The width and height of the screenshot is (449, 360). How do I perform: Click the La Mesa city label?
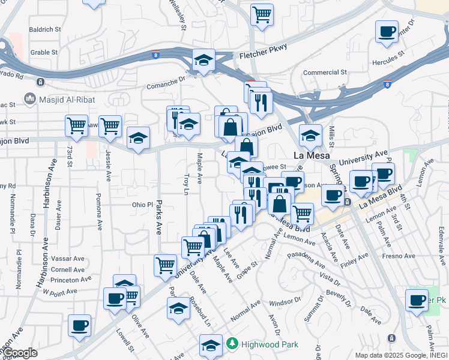tap(309, 155)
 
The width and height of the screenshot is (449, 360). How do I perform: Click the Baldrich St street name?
tap(45, 29)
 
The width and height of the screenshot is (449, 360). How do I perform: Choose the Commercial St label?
tap(325, 73)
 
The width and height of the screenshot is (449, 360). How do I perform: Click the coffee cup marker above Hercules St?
tap(387, 31)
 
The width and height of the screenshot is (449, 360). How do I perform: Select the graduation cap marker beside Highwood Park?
tap(211, 346)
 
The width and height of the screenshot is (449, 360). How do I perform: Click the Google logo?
tap(20, 353)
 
